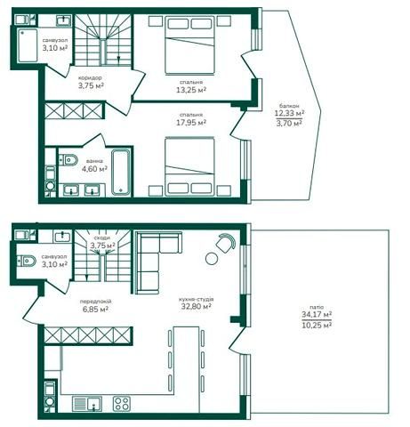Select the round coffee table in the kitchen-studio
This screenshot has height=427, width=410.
(x=212, y=259)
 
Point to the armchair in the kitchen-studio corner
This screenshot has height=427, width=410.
(x=226, y=242)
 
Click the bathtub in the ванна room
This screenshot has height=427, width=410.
(x=121, y=172)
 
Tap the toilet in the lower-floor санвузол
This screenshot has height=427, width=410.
(x=27, y=261)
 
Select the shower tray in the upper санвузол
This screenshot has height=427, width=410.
(x=28, y=45)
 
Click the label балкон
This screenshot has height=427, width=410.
(x=289, y=106)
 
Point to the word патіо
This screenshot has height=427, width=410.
(x=317, y=307)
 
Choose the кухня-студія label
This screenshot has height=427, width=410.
(x=196, y=300)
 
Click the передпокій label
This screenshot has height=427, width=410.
(x=95, y=302)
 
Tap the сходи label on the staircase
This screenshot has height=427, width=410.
(x=102, y=238)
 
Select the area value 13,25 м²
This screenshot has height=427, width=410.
(x=191, y=90)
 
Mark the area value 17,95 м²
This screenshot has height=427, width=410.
(x=191, y=123)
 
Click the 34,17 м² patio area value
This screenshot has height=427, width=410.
(x=317, y=314)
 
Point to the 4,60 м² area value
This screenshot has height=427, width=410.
(x=94, y=169)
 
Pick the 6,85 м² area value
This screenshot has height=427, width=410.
(x=95, y=310)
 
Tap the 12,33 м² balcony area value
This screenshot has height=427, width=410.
(x=289, y=113)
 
